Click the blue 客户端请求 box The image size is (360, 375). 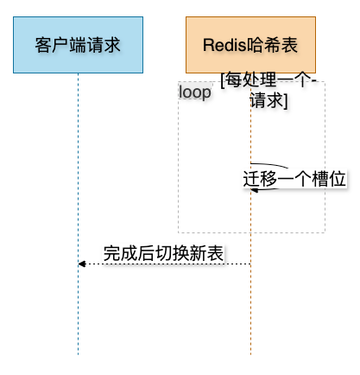tap(78, 45)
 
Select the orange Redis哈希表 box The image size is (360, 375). tap(250, 45)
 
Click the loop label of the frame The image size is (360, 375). tap(195, 92)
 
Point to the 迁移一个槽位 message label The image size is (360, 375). tap(294, 179)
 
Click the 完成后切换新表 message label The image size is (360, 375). tap(163, 253)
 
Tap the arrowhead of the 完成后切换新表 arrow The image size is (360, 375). tap(82, 264)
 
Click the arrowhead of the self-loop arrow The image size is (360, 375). tap(254, 190)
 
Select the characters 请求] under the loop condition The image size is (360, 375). tap(268, 100)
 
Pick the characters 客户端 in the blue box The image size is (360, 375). tap(60, 45)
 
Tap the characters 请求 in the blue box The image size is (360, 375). tap(104, 45)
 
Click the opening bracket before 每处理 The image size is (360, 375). tap(223, 80)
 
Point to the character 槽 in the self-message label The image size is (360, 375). tap(320, 179)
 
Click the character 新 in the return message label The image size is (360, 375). tap(198, 253)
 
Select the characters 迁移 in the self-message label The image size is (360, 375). tap(260, 179)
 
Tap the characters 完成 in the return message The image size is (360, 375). tap(121, 253)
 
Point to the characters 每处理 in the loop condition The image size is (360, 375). tap(250, 79)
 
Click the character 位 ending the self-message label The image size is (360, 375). tap(338, 179)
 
